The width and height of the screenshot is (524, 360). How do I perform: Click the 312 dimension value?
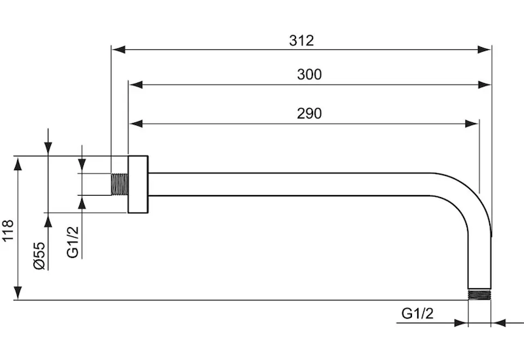coord(301,40)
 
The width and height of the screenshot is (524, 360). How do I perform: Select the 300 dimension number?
coord(309,75)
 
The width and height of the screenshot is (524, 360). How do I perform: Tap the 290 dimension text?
coord(309,113)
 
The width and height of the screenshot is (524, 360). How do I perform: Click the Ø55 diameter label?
coord(39,255)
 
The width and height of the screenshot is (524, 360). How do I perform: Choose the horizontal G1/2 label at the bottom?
coord(417,314)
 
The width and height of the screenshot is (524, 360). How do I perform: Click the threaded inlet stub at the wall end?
coord(119,184)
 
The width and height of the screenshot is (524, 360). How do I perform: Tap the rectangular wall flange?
coord(138,184)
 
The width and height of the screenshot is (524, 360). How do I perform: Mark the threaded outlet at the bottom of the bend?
coord(480,294)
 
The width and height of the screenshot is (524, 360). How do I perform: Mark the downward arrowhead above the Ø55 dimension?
coord(48,150)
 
